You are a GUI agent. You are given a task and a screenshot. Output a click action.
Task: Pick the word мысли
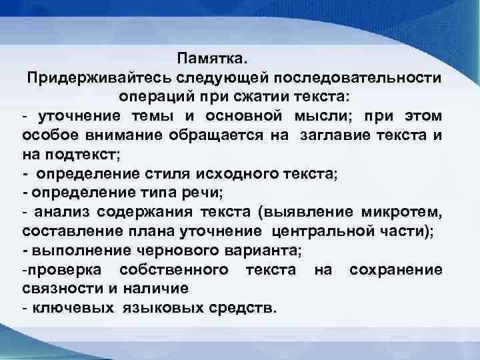pyautogui.click(x=329, y=117)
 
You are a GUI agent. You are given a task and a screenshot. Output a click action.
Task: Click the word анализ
pyautogui.click(x=61, y=213)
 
